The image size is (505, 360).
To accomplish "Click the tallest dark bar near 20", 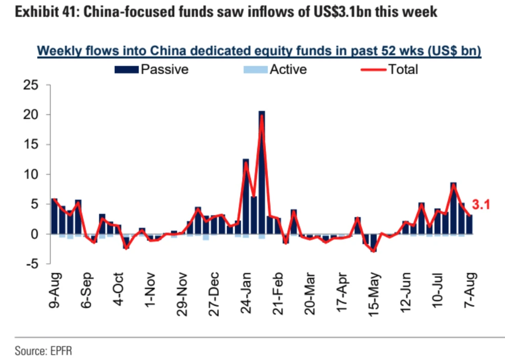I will point(262,174).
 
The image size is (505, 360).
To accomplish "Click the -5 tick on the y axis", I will point(32,264).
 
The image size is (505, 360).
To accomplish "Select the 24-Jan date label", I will point(246,290).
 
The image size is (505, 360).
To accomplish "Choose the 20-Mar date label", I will point(309,292).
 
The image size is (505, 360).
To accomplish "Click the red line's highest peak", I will point(262,115).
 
